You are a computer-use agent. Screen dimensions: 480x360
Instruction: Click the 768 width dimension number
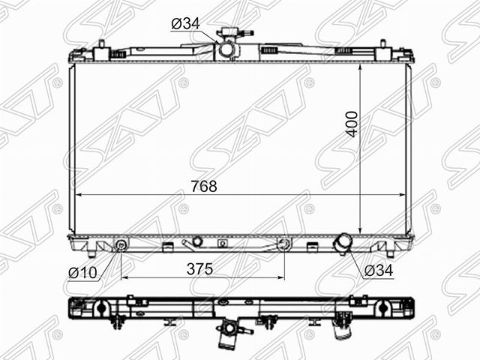[x=204, y=186]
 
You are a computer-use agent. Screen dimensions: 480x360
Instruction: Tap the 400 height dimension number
[x=352, y=124]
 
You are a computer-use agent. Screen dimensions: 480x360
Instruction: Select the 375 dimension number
[x=200, y=269]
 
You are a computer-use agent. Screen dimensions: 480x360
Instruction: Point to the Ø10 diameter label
[x=82, y=272]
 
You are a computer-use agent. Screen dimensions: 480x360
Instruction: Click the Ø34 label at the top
[x=185, y=23]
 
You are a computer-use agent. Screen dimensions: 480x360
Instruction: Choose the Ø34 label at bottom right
[x=378, y=271]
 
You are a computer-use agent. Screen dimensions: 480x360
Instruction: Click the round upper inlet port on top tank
[x=226, y=49]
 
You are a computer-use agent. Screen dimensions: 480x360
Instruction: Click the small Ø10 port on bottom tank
[x=121, y=244]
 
